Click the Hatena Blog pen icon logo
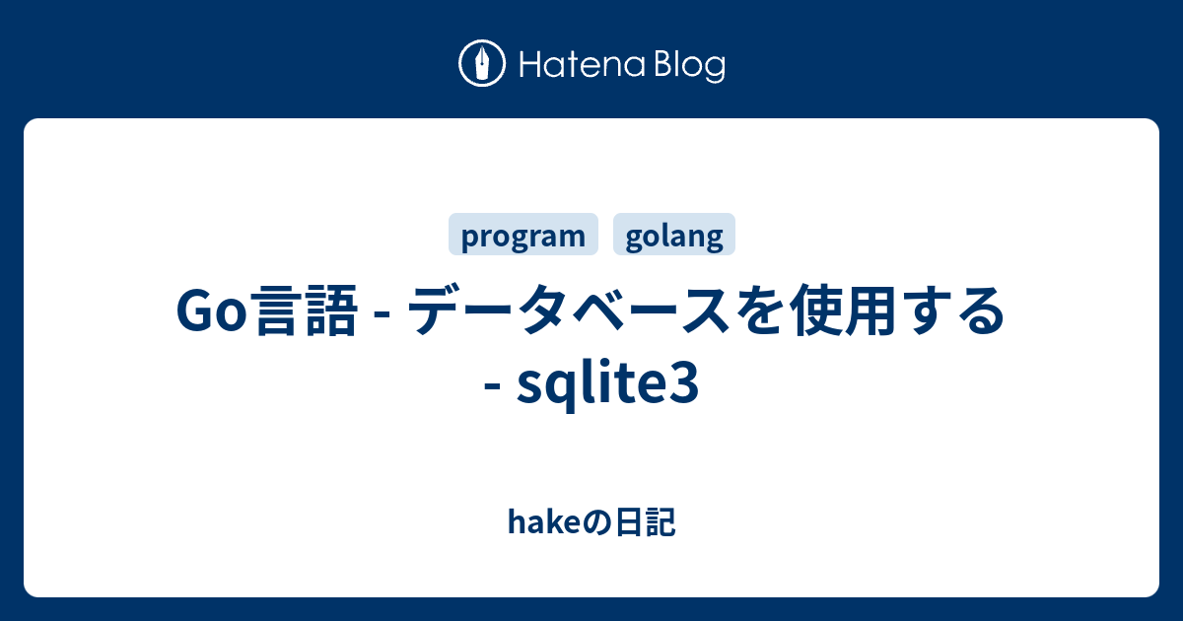[482, 64]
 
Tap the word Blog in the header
[687, 66]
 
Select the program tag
[523, 236]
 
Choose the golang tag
[674, 236]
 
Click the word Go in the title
[210, 312]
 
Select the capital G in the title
[195, 312]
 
